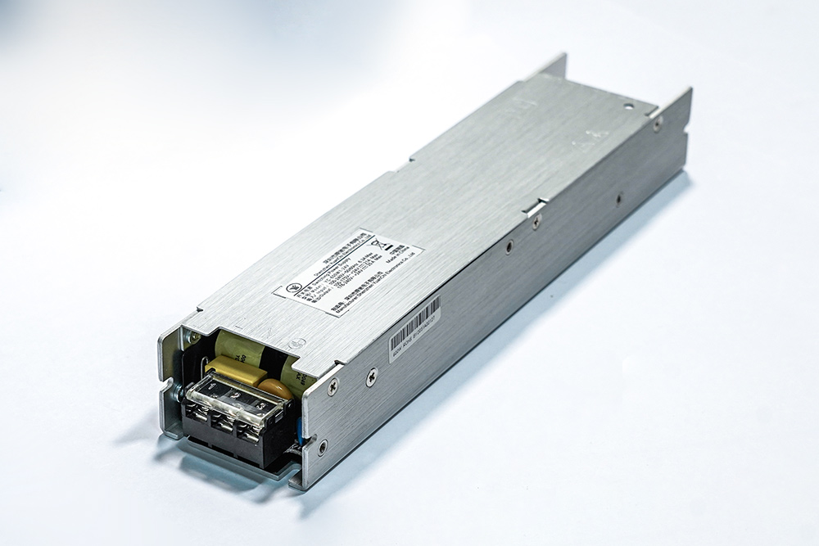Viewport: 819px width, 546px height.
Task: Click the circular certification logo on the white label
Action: point(292,288)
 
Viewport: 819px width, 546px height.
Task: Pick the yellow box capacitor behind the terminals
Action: point(233,369)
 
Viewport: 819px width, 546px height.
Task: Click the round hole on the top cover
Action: point(629,106)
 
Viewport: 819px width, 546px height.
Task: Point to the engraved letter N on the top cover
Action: point(267,332)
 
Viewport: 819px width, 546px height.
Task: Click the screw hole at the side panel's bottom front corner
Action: point(323,447)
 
